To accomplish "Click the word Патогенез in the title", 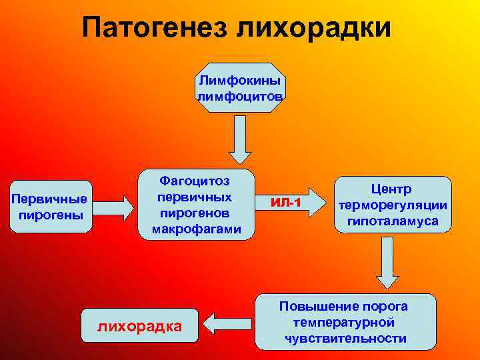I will pyautogui.click(x=156, y=27).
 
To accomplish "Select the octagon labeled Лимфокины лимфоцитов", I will pyautogui.click(x=240, y=87).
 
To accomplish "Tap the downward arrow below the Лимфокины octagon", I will pyautogui.click(x=240, y=139).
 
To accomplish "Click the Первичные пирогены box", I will pyautogui.click(x=51, y=207).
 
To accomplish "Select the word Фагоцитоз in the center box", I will pyautogui.click(x=195, y=181).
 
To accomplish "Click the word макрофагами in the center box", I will pyautogui.click(x=195, y=229).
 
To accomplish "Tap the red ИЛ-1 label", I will pyautogui.click(x=287, y=202).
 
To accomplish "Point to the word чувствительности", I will pyautogui.click(x=345, y=338).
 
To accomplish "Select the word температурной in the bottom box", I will pyautogui.click(x=345, y=322).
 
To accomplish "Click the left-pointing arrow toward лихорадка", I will pyautogui.click(x=226, y=324).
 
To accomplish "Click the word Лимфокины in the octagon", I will pyautogui.click(x=240, y=81).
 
